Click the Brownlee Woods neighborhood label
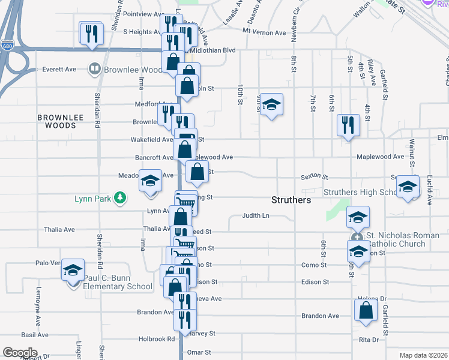click(56, 122)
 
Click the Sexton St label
click(315, 178)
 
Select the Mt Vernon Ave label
click(264, 32)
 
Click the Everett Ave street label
click(59, 70)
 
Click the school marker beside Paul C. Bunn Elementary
click(73, 271)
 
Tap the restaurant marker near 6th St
click(348, 125)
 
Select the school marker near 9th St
click(271, 105)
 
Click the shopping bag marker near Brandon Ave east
click(366, 310)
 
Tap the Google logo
click(20, 353)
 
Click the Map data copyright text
click(423, 355)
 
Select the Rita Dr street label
click(369, 340)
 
